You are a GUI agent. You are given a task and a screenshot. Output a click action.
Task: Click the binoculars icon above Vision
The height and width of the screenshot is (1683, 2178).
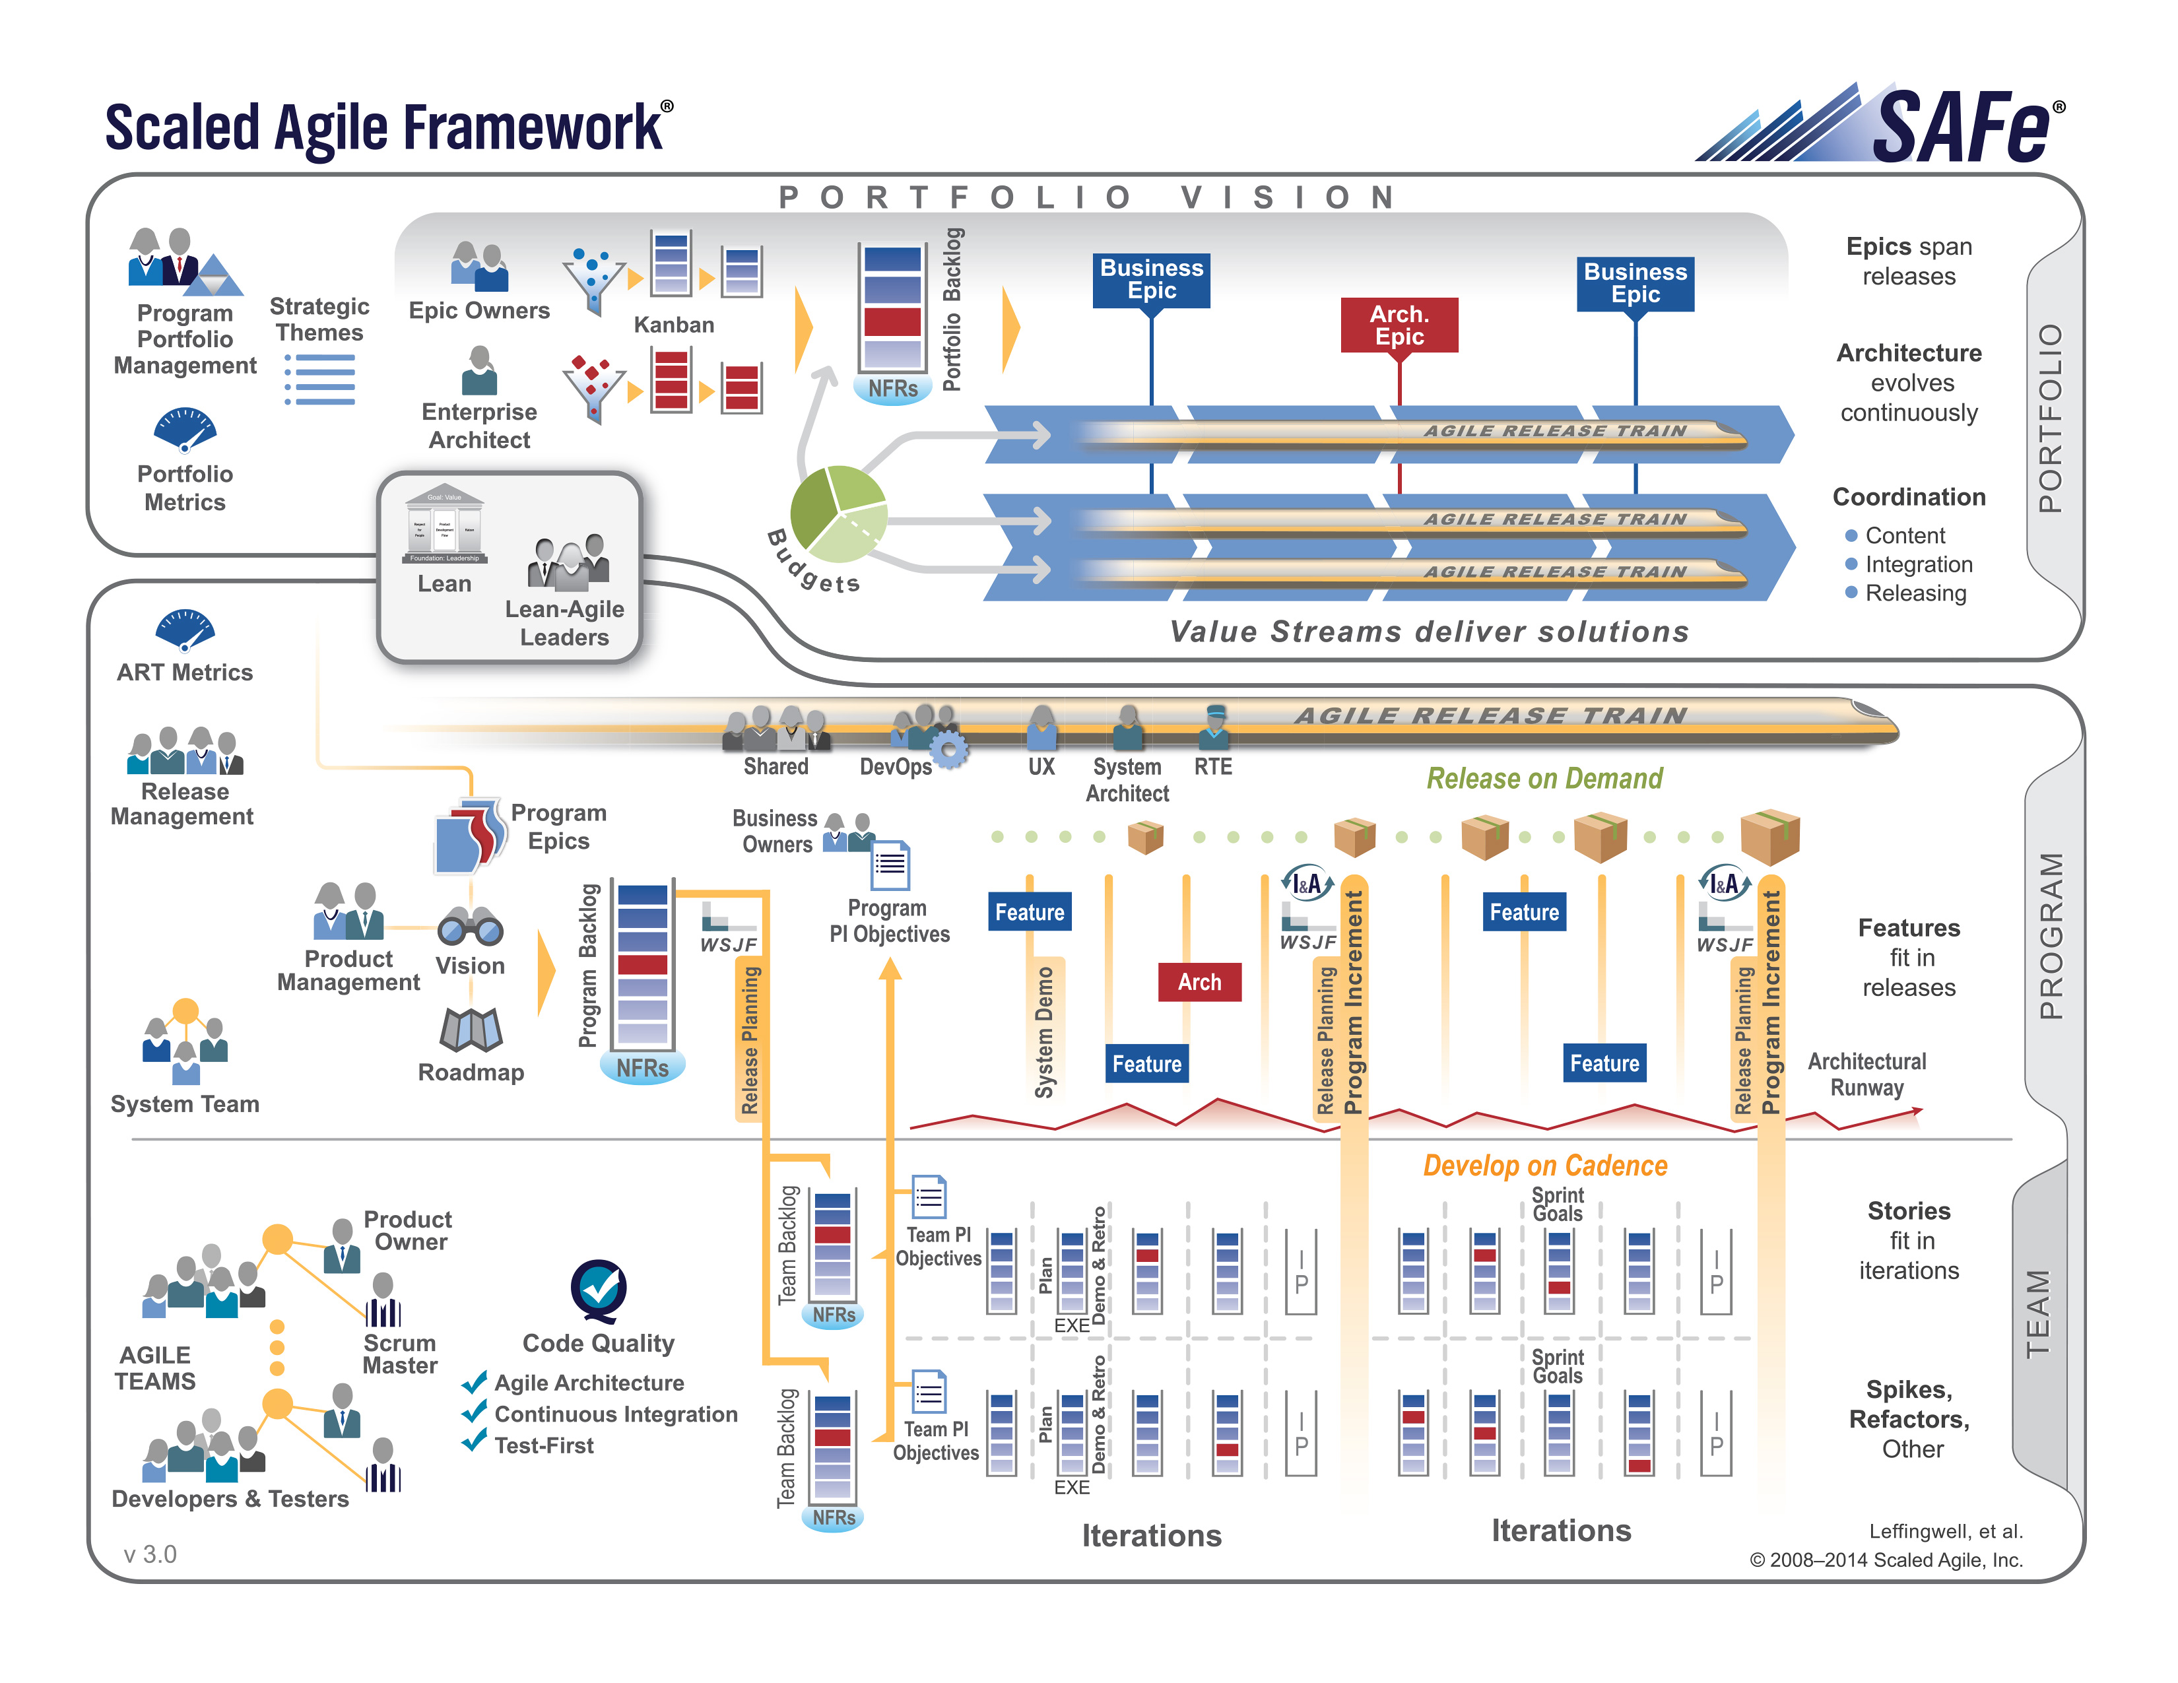[x=470, y=927]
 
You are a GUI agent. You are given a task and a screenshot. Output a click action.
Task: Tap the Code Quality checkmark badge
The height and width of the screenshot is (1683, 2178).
[x=599, y=1289]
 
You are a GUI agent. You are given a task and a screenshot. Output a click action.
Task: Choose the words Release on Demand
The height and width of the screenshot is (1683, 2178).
[x=1544, y=779]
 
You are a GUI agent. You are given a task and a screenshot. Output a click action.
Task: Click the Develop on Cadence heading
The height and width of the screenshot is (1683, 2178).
[x=1544, y=1166]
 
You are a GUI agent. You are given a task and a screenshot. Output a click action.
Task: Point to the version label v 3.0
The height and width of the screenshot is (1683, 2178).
[x=150, y=1554]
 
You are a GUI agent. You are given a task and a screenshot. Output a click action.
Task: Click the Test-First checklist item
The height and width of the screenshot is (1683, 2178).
[x=543, y=1445]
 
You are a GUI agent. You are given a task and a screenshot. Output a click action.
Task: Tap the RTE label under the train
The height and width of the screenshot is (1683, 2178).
[x=1212, y=767]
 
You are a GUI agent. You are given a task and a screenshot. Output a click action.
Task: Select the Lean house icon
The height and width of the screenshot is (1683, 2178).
[x=444, y=525]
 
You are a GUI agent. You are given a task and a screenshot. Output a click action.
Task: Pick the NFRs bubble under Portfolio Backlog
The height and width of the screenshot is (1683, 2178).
[x=892, y=389]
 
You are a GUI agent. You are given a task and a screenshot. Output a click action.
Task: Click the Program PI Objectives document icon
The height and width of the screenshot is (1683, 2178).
[x=890, y=865]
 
